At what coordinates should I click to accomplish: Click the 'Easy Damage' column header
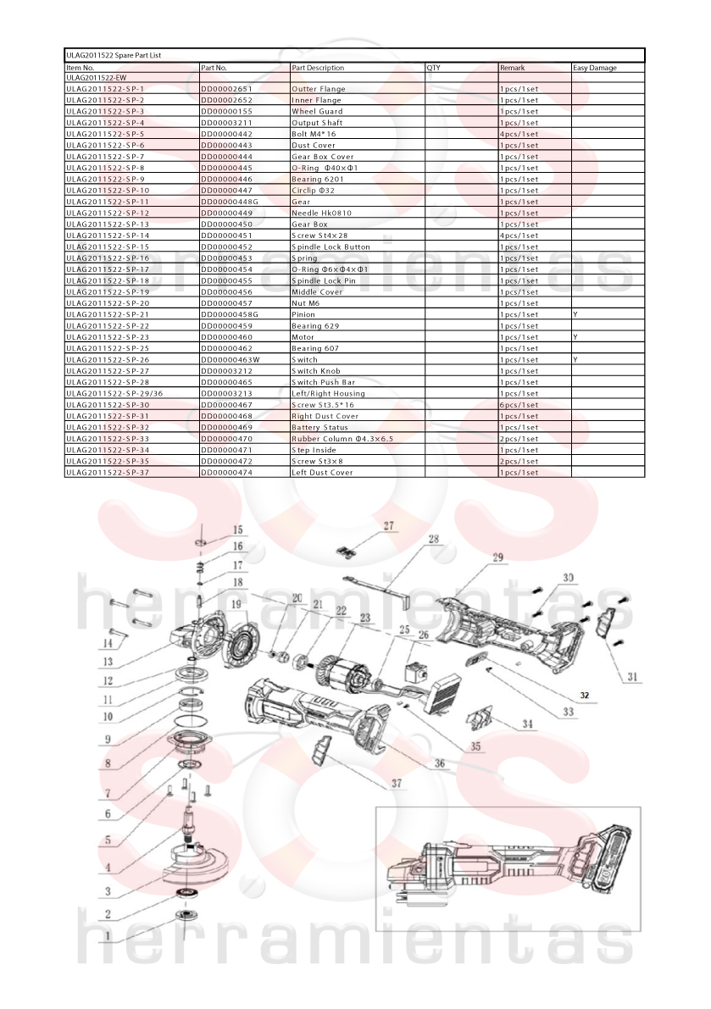595,68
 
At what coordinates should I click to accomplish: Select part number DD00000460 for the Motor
226,337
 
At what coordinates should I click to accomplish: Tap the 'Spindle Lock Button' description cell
331,247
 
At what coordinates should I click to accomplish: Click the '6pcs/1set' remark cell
519,405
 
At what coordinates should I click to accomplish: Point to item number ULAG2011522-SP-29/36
114,393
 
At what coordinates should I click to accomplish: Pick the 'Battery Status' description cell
319,427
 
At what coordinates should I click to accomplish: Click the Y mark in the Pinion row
575,314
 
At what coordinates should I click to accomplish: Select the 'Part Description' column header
318,68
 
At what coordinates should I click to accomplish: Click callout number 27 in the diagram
389,526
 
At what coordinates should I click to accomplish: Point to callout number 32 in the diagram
584,696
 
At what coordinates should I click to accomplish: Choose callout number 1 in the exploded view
108,935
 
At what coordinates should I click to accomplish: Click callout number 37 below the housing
397,783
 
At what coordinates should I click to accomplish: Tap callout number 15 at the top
238,529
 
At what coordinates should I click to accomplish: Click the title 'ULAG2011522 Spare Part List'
114,55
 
